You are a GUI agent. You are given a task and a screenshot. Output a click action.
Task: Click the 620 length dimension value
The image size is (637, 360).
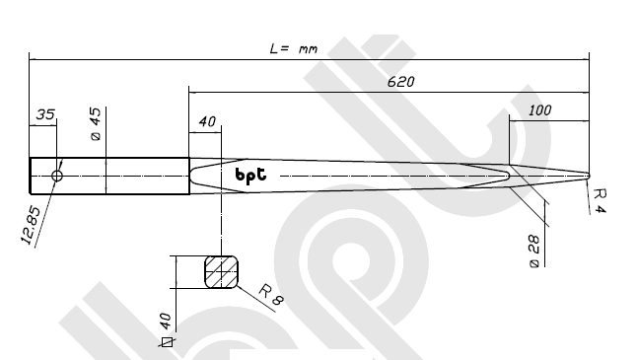coord(401,82)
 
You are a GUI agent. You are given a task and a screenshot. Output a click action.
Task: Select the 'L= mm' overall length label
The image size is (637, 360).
coord(293,48)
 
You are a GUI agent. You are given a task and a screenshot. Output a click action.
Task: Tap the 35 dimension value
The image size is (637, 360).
coord(45,114)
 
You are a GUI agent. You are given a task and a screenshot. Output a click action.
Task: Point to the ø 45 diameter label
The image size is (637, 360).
coord(96,124)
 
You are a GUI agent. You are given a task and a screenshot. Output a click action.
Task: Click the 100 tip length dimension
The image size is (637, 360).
coord(540,110)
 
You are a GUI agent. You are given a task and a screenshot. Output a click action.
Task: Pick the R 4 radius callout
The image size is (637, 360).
coord(601,201)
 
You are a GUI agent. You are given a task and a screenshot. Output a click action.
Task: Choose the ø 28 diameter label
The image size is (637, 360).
coord(534,252)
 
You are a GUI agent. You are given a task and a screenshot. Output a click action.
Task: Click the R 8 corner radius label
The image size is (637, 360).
coord(271,295)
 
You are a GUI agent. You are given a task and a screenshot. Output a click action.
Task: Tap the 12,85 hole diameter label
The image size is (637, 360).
coord(31,226)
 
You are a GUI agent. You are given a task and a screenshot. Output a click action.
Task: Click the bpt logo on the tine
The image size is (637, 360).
coord(251,176)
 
